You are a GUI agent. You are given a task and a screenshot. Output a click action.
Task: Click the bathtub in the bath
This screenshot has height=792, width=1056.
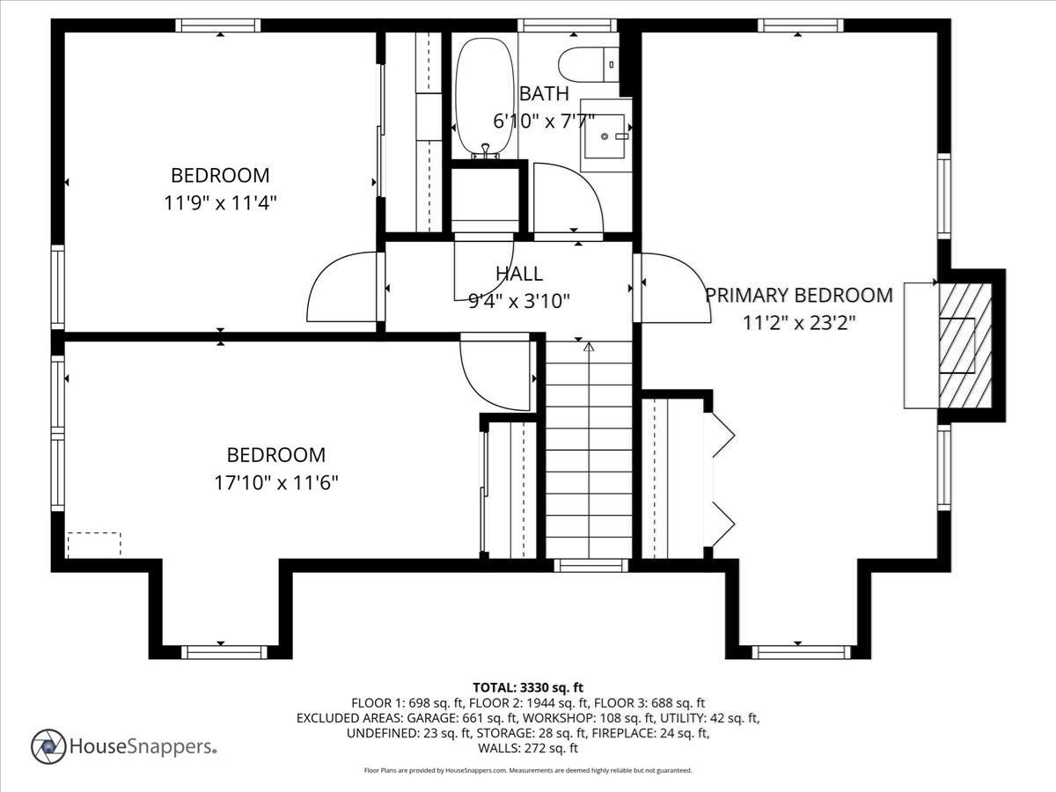point(484,92)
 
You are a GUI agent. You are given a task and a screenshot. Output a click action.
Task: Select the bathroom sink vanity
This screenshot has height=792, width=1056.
point(606,136)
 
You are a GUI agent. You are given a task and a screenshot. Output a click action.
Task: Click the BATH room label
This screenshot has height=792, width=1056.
point(544,93)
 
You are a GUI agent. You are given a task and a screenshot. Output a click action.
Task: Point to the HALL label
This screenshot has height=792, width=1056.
point(519,275)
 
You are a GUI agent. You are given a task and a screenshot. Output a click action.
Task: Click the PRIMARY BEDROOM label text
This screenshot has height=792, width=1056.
point(799,295)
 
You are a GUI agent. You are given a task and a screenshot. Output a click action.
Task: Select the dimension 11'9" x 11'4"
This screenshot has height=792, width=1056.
point(220,202)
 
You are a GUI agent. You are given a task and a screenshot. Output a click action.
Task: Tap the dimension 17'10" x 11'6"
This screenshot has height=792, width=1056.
point(276,482)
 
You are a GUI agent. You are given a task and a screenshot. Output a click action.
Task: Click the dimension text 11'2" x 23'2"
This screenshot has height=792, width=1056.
point(799,322)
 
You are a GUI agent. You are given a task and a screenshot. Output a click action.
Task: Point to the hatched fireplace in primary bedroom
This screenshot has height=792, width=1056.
point(963,345)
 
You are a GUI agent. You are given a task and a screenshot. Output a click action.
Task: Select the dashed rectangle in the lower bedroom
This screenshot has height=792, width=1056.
point(93,544)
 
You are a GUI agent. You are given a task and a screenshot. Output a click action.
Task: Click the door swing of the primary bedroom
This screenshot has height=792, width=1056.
point(673,289)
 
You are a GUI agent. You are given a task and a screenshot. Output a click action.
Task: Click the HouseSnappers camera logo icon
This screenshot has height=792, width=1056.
point(48,747)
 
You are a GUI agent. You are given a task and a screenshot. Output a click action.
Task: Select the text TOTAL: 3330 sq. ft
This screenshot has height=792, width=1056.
point(528,686)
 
